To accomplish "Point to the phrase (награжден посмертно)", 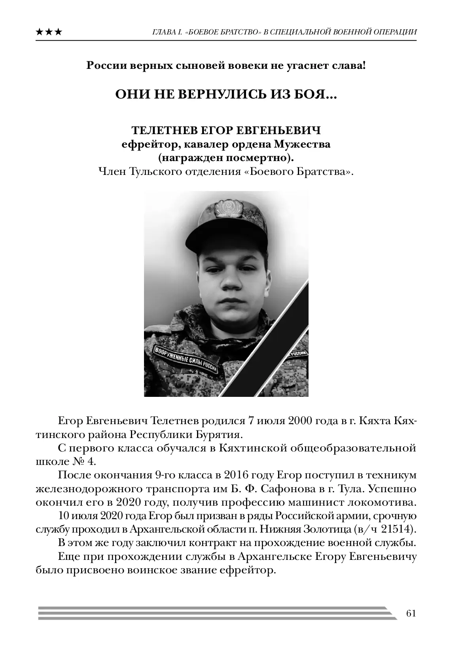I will tap(226, 158).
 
